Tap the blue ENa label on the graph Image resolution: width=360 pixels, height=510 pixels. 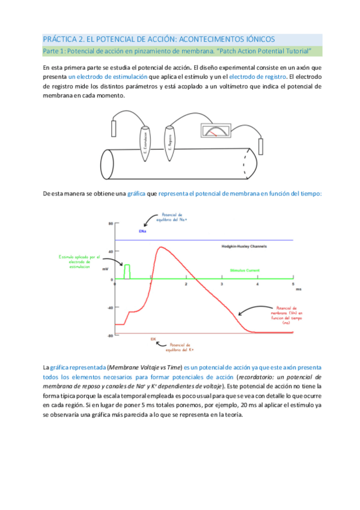coord(142,231)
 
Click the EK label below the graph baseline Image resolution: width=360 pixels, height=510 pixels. coord(153,339)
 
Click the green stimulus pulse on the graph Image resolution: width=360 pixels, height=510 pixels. coord(127,271)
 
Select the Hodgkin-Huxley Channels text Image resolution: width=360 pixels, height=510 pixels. coord(243,247)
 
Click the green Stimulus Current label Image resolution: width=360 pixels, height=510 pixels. coord(245,271)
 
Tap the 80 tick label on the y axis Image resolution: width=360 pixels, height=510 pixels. coord(111,223)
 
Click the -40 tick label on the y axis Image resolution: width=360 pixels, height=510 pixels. coord(110,308)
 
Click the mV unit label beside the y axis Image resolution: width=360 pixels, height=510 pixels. coord(106,268)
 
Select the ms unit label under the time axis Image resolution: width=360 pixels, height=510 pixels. coord(297,289)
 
